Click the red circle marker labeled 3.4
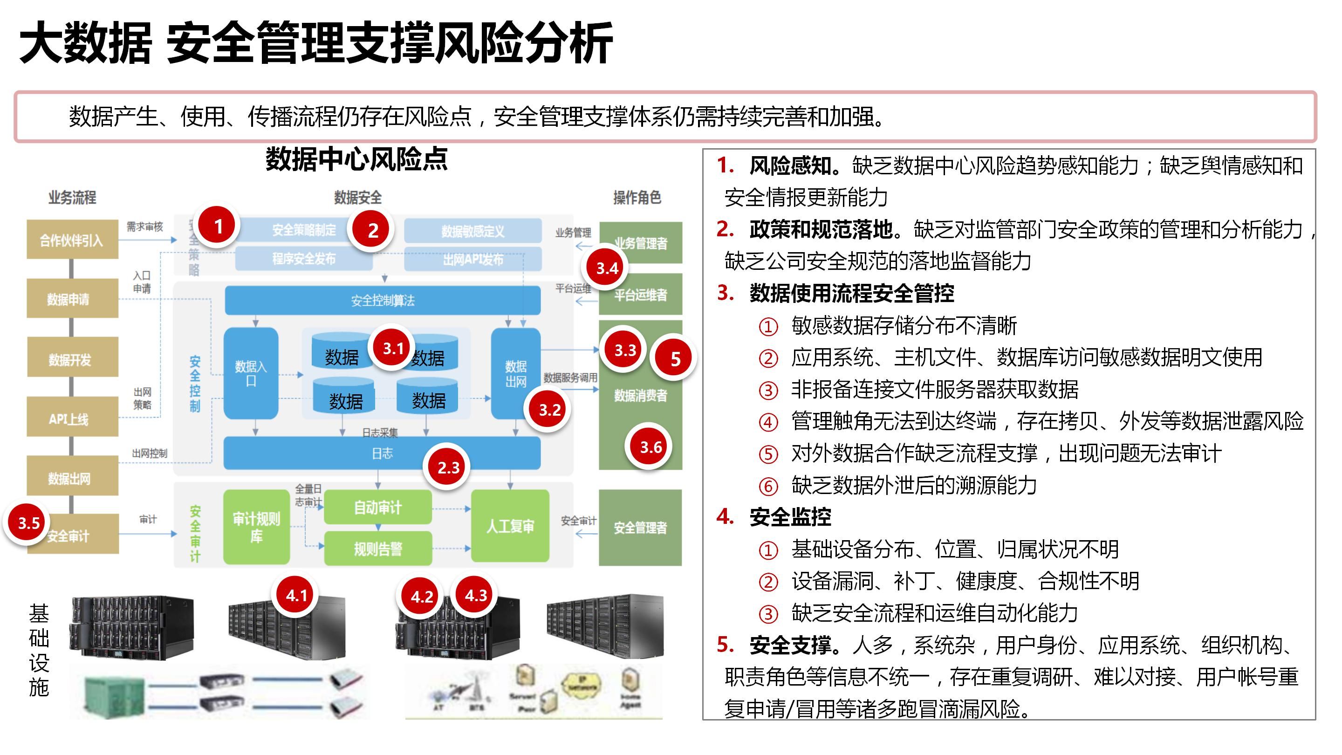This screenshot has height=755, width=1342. pyautogui.click(x=607, y=268)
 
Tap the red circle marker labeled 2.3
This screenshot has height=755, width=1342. pyautogui.click(x=448, y=467)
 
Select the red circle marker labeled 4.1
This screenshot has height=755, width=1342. pyautogui.click(x=296, y=595)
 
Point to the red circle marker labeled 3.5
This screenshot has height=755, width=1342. pyautogui.click(x=28, y=522)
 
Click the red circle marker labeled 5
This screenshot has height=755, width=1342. pyautogui.click(x=675, y=358)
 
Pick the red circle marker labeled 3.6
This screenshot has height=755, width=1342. pyautogui.click(x=650, y=447)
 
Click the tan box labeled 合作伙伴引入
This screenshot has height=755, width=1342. pyautogui.click(x=72, y=240)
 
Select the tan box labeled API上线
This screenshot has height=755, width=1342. pyautogui.click(x=72, y=418)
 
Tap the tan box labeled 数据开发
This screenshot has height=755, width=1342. pyautogui.click(x=72, y=358)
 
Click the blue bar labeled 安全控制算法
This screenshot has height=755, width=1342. pyautogui.click(x=383, y=301)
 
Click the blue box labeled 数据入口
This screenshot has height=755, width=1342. pyautogui.click(x=251, y=373)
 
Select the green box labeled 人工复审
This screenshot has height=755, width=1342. pyautogui.click(x=510, y=526)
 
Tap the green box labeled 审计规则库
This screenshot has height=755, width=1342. pyautogui.click(x=256, y=527)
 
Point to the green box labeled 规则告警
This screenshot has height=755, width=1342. pyautogui.click(x=378, y=548)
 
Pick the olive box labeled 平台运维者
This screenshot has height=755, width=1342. pyautogui.click(x=640, y=295)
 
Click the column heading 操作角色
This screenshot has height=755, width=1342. pyautogui.click(x=637, y=198)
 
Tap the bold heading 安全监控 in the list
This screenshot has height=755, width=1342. pyautogui.click(x=790, y=517)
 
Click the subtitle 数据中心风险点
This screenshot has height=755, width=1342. pyautogui.click(x=356, y=159)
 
